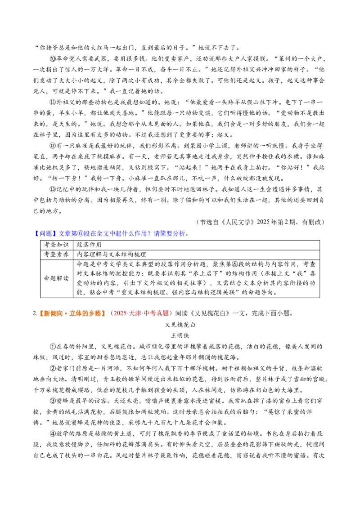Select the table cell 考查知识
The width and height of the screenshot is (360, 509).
[57, 245]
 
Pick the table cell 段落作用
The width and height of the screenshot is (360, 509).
[89, 245]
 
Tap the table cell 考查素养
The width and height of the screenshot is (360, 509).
[57, 254]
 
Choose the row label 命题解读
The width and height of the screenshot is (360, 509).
[57, 278]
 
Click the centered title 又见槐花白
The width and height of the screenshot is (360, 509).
[180, 325]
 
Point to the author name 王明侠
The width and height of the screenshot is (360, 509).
[180, 335]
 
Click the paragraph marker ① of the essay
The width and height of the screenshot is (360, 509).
[53, 346]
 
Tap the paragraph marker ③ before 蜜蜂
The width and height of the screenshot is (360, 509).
[53, 401]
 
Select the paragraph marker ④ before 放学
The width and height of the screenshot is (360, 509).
[53, 434]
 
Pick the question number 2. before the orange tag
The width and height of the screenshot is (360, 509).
[36, 313]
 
